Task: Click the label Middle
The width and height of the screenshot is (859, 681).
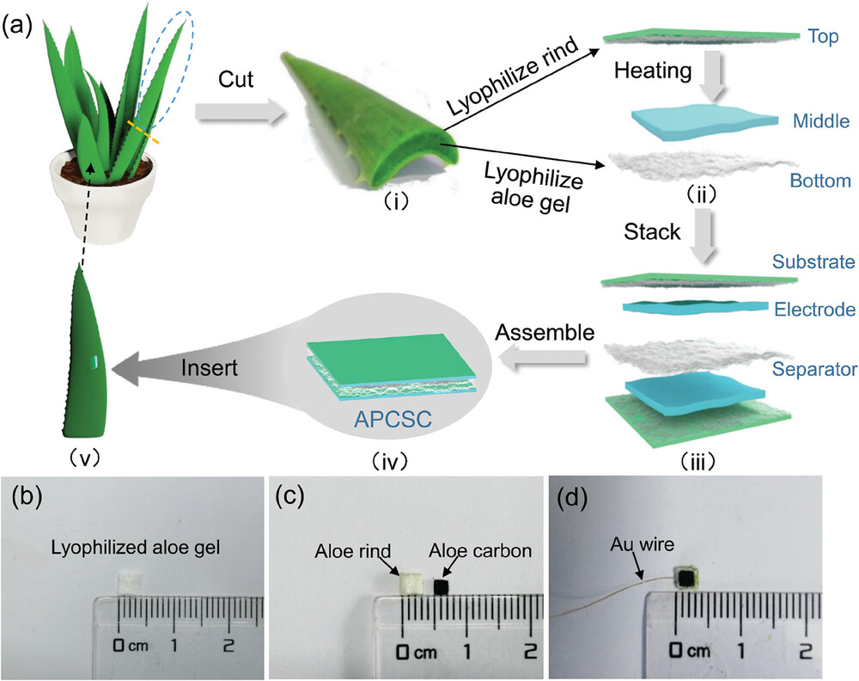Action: point(821,121)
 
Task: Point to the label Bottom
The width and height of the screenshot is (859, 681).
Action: point(821,181)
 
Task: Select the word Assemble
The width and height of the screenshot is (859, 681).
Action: point(547,333)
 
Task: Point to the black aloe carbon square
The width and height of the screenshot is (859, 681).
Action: point(442,587)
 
